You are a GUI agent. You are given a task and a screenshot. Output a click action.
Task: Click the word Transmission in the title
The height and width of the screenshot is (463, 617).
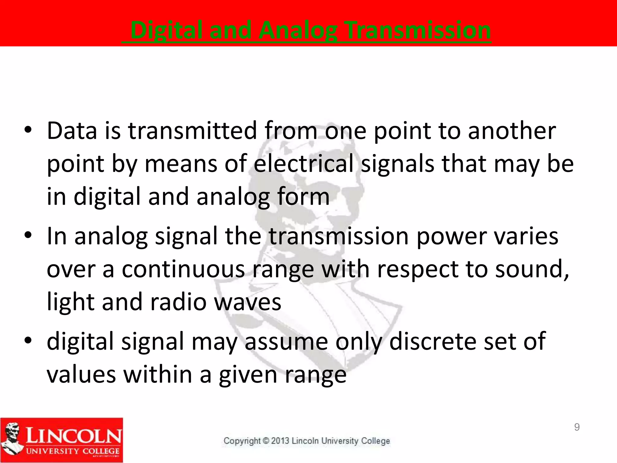pyautogui.click(x=418, y=30)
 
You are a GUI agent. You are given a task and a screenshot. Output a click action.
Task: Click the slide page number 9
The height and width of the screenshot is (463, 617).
pyautogui.click(x=577, y=427)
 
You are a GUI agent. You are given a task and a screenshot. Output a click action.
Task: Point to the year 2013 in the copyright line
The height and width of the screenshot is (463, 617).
pyautogui.click(x=280, y=441)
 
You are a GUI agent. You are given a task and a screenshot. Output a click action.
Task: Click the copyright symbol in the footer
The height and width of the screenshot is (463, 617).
pyautogui.click(x=266, y=441)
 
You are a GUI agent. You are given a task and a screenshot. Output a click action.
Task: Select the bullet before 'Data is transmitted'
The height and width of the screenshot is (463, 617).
pyautogui.click(x=28, y=131)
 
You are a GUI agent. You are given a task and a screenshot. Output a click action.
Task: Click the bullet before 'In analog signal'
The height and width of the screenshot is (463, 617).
pyautogui.click(x=28, y=236)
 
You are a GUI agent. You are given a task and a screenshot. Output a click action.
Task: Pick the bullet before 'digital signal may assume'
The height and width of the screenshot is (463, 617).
pyautogui.click(x=28, y=341)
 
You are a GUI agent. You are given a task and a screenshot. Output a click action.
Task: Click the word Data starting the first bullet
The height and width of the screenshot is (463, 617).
pyautogui.click(x=72, y=131)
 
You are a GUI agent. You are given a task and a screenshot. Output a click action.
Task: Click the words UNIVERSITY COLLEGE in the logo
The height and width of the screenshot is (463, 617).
pyautogui.click(x=73, y=451)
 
